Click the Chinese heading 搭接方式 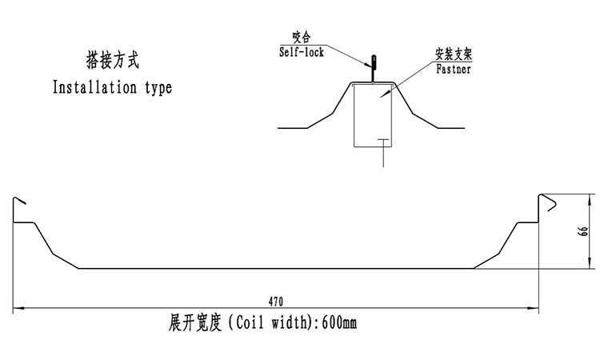click(112, 59)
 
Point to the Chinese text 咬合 click(301, 38)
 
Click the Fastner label click(453, 70)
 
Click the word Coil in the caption click(250, 323)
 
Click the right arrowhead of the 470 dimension click(534, 307)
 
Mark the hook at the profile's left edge click(19, 203)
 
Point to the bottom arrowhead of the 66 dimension click(591, 264)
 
